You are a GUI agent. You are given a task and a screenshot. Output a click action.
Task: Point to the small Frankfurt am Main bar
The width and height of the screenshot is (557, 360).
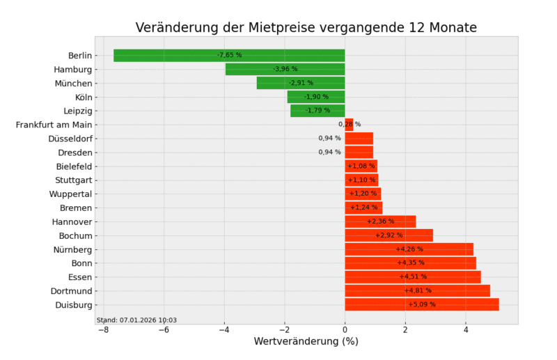349,125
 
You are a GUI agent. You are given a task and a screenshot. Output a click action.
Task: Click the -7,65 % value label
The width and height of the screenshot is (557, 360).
229,55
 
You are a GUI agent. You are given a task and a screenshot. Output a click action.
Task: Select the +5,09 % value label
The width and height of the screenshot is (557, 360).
422,304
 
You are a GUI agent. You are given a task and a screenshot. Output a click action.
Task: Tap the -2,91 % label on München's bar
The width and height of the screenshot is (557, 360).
301,83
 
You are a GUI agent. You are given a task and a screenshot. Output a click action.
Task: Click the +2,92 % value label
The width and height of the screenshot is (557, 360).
389,235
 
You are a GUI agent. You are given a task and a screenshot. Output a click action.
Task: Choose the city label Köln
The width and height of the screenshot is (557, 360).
84,97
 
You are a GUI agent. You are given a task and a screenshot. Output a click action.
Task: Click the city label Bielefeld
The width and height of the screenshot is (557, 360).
74,166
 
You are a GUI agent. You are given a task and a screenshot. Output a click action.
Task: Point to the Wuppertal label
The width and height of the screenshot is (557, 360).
70,194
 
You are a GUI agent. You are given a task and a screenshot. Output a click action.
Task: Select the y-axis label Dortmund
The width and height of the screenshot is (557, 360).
71,290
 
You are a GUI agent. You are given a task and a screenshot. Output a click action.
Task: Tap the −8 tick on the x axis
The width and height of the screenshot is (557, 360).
102,329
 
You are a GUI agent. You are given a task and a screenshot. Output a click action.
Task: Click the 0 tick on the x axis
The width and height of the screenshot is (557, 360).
345,329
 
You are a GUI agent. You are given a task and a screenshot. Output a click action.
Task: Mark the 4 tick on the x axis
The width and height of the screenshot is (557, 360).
466,329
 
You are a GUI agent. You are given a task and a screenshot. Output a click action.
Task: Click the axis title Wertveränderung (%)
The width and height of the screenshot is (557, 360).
306,342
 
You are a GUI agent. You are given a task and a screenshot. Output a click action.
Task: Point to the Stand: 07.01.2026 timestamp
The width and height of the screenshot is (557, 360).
136,320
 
